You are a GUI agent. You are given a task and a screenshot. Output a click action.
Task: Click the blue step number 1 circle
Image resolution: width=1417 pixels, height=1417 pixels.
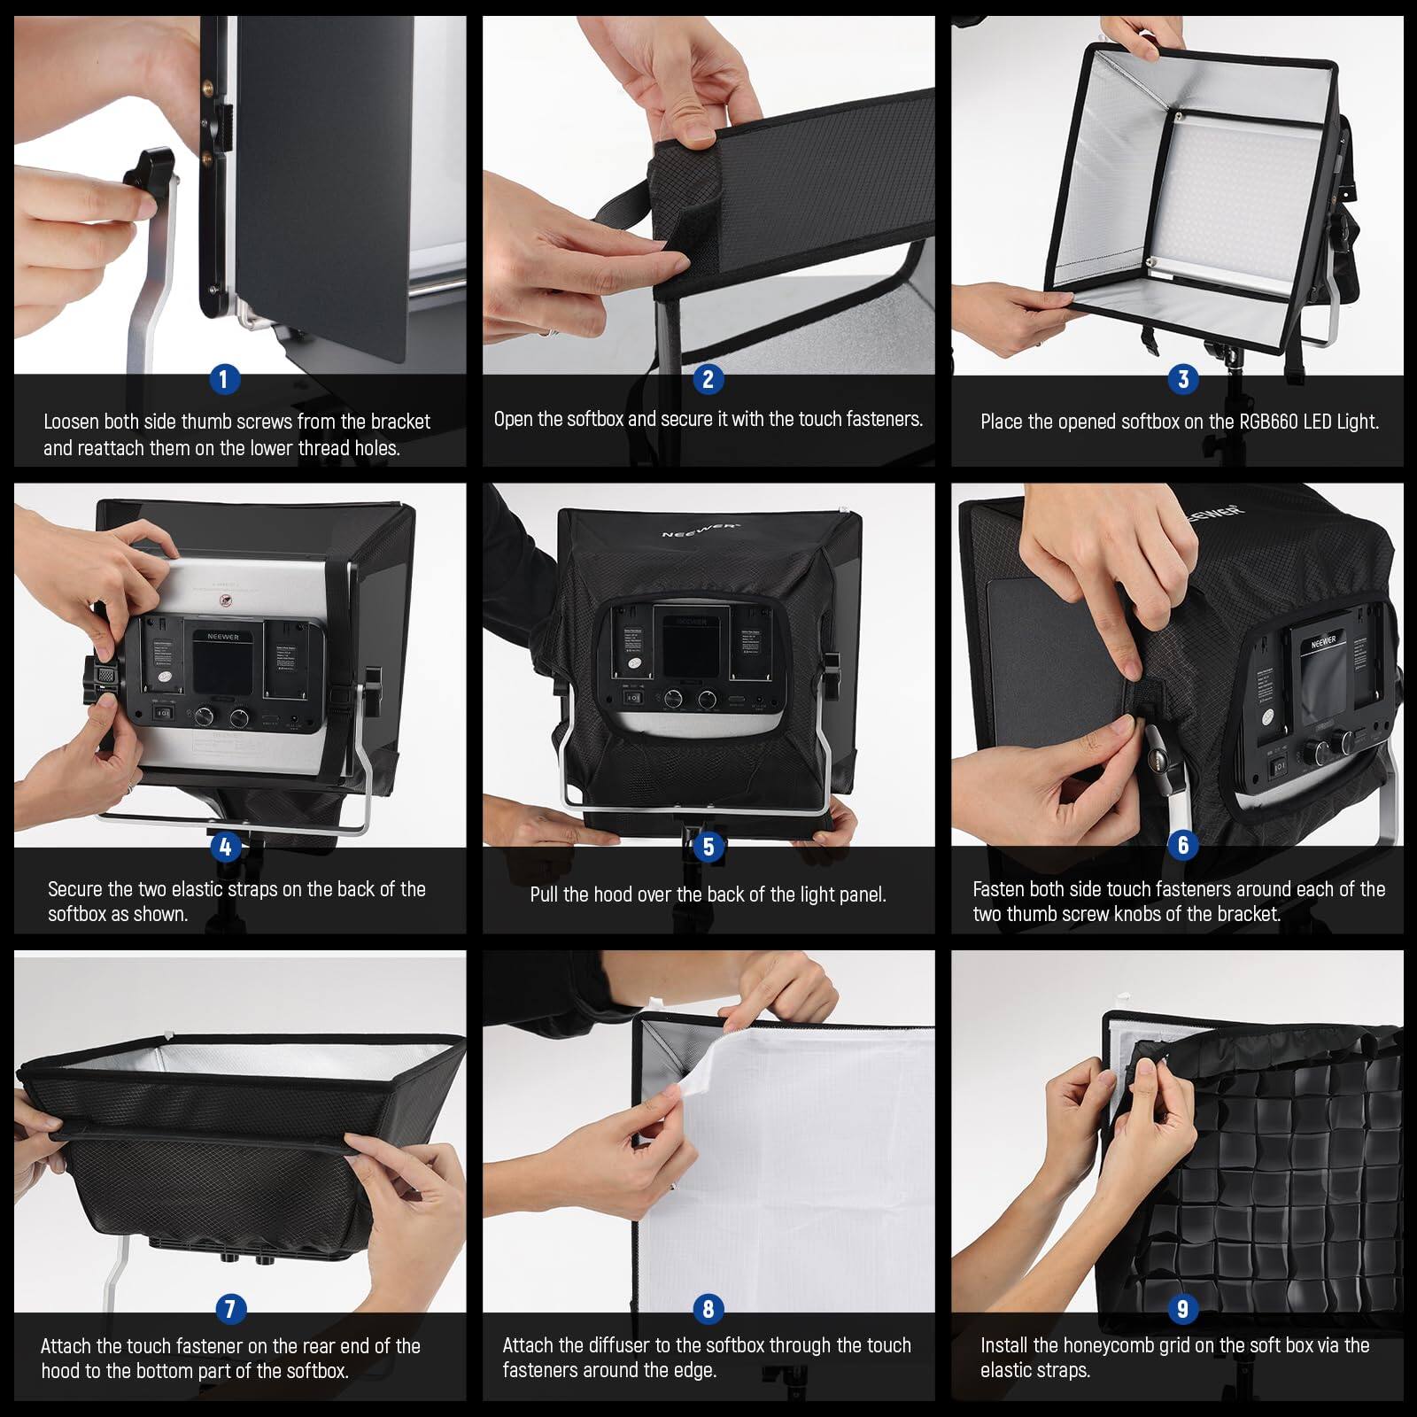tap(224, 380)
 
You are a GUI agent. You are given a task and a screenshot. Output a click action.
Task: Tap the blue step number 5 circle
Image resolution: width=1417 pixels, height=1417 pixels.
tap(708, 847)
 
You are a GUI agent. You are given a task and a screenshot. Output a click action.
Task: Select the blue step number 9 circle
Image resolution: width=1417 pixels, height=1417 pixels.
tap(1182, 1308)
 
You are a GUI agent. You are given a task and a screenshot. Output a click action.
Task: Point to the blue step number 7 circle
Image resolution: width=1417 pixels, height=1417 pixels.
tap(230, 1308)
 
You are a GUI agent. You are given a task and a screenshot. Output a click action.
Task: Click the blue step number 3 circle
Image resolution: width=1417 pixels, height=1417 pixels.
tap(1183, 380)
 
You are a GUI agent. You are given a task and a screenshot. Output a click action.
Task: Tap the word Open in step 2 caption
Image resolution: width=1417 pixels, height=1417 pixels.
tap(514, 419)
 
